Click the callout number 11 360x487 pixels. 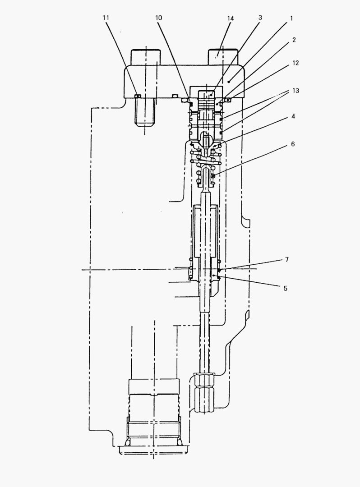(106, 18)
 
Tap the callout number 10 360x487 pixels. (158, 18)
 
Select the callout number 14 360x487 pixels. (230, 18)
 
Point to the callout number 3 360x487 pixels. (260, 18)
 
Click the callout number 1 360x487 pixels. (291, 18)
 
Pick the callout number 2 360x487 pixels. (294, 40)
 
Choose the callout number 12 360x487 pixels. (295, 63)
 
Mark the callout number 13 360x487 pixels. (295, 90)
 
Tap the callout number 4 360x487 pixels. (293, 116)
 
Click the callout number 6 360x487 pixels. (293, 144)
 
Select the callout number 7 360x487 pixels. (287, 259)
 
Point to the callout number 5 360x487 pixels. (285, 288)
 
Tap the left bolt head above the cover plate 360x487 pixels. (146, 57)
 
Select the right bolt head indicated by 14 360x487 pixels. (223, 57)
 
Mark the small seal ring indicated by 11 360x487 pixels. (138, 96)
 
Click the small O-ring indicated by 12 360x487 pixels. (228, 100)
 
